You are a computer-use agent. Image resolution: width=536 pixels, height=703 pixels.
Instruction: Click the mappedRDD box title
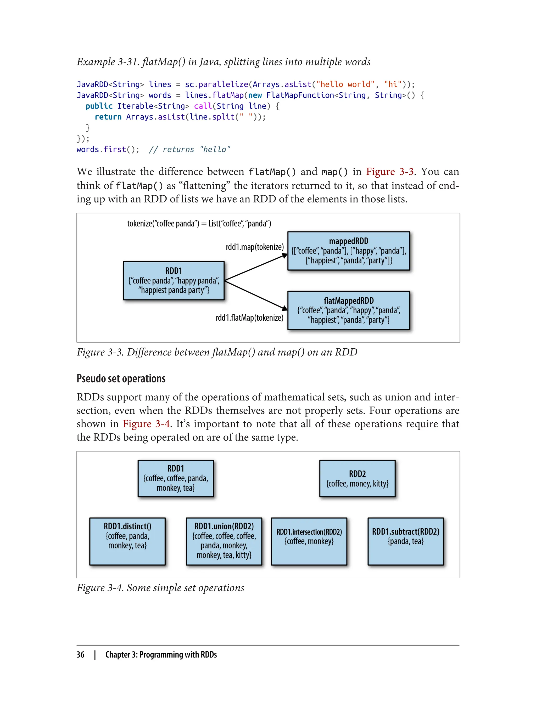[x=348, y=241]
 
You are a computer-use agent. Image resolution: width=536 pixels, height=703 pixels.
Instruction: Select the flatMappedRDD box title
[x=348, y=301]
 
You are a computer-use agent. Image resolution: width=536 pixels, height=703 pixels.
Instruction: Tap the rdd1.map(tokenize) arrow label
[x=255, y=247]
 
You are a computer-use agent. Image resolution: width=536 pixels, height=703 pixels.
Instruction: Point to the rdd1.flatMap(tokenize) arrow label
[x=249, y=318]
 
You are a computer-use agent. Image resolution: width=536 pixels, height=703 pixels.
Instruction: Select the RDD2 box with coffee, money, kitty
[x=357, y=479]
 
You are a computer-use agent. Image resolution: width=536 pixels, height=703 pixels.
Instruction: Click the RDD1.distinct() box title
[x=127, y=526]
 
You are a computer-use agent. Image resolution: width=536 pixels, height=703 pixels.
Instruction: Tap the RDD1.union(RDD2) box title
[x=224, y=526]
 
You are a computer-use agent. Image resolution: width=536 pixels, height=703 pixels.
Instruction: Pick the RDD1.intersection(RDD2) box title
[x=309, y=532]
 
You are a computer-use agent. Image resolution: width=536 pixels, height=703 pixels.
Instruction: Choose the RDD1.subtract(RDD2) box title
[x=405, y=531]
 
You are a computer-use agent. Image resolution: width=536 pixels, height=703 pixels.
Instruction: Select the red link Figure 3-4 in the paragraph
[x=146, y=424]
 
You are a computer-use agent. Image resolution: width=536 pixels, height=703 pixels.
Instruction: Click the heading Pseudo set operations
[x=121, y=378]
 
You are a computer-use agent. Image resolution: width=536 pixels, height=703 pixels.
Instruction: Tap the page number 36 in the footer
[x=80, y=655]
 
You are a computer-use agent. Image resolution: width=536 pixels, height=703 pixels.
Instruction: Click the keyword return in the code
[x=108, y=117]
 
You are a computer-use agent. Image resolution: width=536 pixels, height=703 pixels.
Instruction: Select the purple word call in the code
[x=203, y=106]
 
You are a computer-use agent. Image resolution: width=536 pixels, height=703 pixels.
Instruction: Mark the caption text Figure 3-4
[x=100, y=588]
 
